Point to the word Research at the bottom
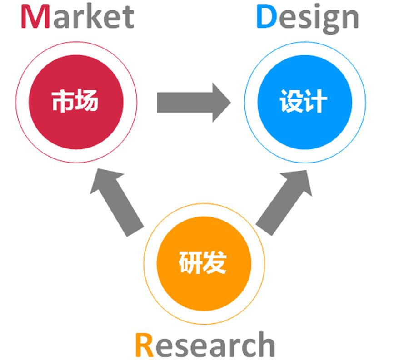pos(204,345)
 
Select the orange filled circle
pos(203,263)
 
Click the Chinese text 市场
pos(75,101)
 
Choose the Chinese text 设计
pos(304,101)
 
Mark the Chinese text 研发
pos(203,263)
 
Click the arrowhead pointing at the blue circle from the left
pos(221,102)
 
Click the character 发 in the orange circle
pos(214,263)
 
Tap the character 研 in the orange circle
pos(190,263)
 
